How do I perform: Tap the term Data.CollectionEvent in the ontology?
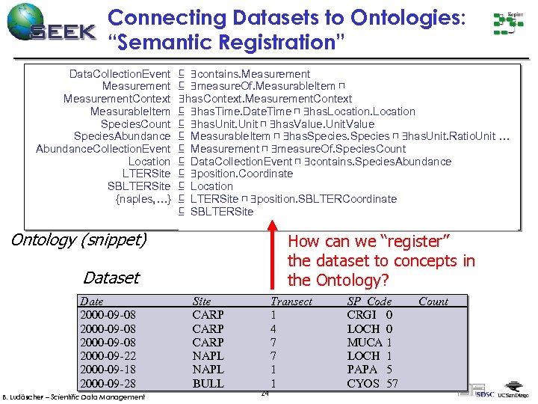[x=120, y=74]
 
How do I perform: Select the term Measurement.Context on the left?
[x=117, y=99]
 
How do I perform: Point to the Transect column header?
[x=291, y=302]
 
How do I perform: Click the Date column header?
[x=92, y=302]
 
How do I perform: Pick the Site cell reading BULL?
[x=208, y=383]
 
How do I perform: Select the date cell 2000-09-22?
[x=109, y=356]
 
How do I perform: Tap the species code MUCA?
[x=365, y=343]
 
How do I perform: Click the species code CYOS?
[x=364, y=383]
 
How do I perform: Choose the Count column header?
[x=433, y=302]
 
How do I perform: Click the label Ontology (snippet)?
[x=78, y=240]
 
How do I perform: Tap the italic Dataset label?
[x=111, y=278]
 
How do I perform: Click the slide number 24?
[x=265, y=394]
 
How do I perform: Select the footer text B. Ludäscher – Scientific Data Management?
[x=74, y=397]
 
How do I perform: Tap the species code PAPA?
[x=363, y=370]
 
